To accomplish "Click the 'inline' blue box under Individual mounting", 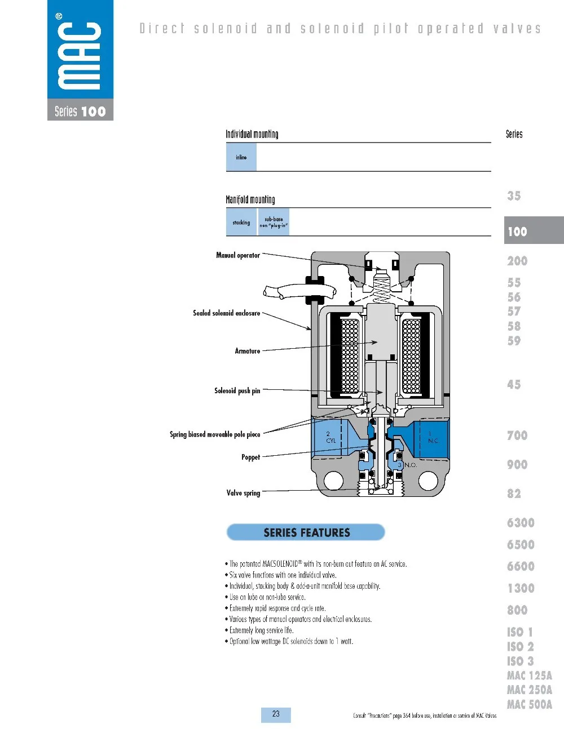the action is click(241, 157).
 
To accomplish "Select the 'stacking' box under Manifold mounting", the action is click(241, 222).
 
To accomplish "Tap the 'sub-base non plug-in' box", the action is click(274, 222).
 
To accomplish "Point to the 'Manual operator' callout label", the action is click(238, 255).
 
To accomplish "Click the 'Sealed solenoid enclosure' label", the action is click(227, 313).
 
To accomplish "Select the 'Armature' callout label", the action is click(248, 351).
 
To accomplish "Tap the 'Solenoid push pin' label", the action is click(237, 390).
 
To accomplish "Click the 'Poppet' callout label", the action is click(251, 457).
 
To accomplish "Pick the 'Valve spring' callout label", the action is click(244, 493).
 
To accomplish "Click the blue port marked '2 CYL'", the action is click(331, 438).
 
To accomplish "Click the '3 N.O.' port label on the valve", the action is click(407, 465).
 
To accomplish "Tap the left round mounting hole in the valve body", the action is click(334, 481).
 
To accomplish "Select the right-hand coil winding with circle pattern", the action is click(411, 356).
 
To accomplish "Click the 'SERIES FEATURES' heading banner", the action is click(306, 532).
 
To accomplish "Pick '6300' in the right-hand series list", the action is click(521, 523).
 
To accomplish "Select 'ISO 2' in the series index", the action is click(521, 647).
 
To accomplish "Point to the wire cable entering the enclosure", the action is click(300, 291).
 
